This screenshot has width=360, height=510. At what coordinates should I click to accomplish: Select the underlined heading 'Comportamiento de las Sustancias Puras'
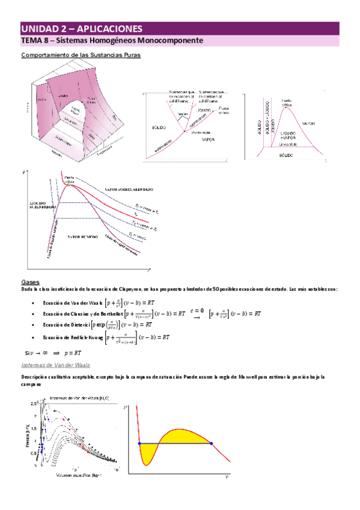click(x=81, y=55)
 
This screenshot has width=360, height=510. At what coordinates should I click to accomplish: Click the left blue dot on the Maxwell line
click(x=140, y=443)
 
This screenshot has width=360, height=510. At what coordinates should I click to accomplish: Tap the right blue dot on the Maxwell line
click(x=211, y=443)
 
